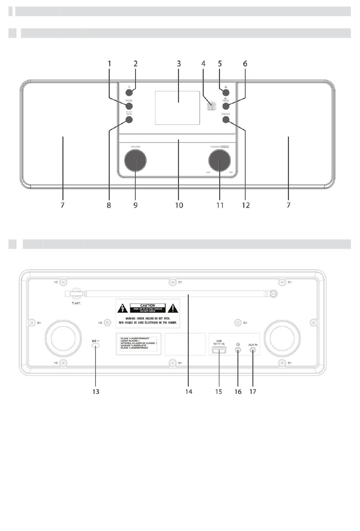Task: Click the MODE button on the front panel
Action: pyautogui.click(x=130, y=107)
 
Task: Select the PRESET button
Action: pyautogui.click(x=226, y=120)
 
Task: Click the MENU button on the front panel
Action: pyautogui.click(x=226, y=107)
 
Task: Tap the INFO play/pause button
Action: pyautogui.click(x=129, y=120)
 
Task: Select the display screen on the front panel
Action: pyautogui.click(x=177, y=108)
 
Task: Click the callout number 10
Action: pyautogui.click(x=179, y=205)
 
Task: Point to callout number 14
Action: pyautogui.click(x=189, y=391)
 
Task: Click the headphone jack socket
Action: pyautogui.click(x=238, y=350)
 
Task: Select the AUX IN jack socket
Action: pyautogui.click(x=253, y=350)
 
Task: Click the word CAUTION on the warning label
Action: pyautogui.click(x=147, y=305)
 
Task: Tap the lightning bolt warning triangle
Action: pyautogui.click(x=122, y=309)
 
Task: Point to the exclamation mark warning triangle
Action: pyautogui.click(x=173, y=309)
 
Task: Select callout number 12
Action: pyautogui.click(x=246, y=205)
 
